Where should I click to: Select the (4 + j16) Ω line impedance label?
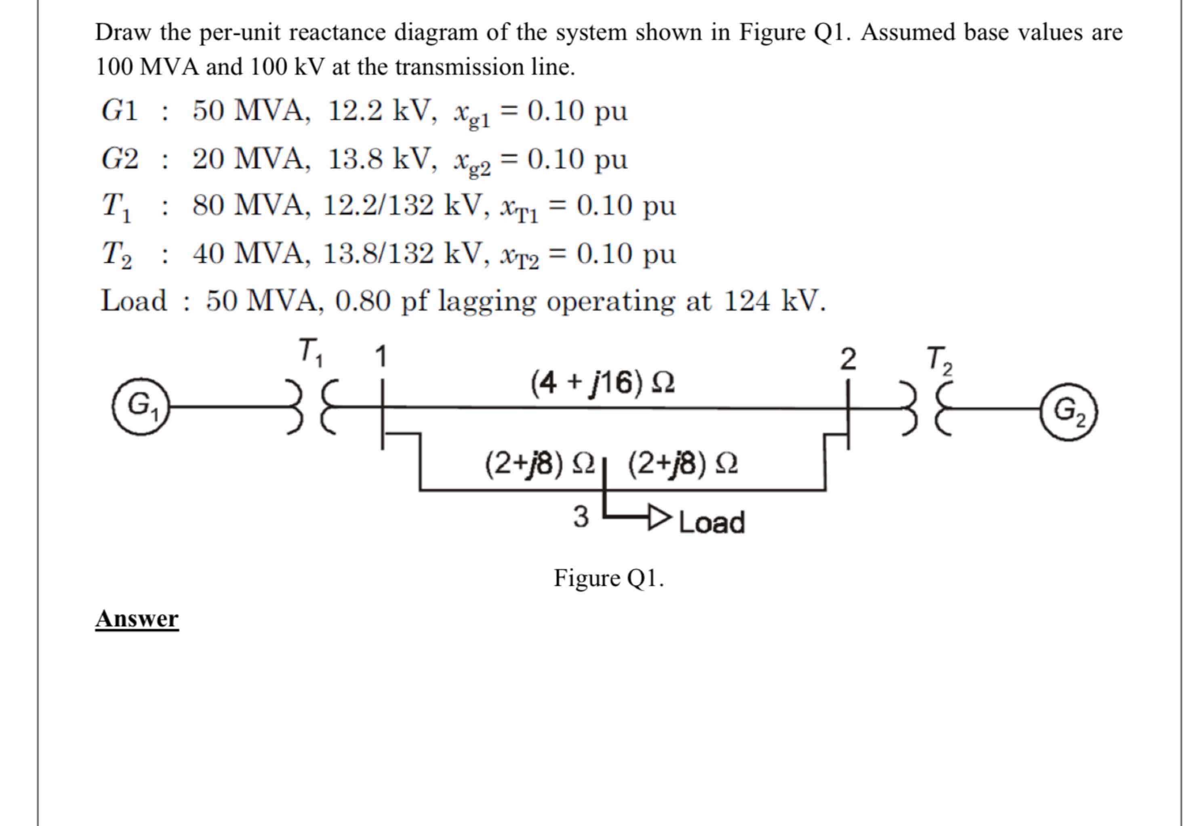(602, 383)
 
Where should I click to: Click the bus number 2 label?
(848, 359)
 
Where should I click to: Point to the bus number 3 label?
(581, 517)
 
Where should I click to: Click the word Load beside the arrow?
(712, 522)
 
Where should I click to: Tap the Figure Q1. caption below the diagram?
(608, 578)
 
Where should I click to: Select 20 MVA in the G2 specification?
(251, 158)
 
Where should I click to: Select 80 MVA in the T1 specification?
(251, 205)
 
